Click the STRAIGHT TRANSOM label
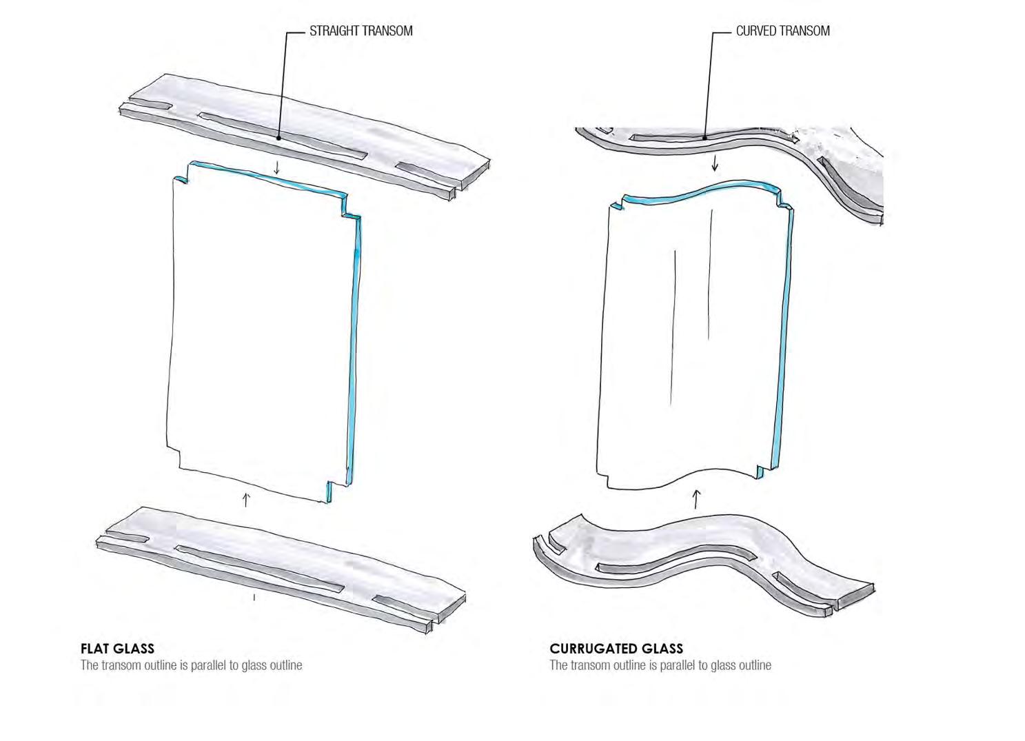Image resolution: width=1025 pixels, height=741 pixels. point(361,31)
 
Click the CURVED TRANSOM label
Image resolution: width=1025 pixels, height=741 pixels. point(782,31)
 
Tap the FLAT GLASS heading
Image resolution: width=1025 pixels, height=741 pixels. point(117,649)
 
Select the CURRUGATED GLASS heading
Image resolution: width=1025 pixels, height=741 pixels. point(616,649)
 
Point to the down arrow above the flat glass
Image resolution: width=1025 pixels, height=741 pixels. point(277,168)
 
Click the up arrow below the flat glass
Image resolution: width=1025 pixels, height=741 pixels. point(246,499)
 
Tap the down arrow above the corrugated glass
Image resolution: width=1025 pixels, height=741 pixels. point(715,163)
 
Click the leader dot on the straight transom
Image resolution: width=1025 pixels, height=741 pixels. point(278,138)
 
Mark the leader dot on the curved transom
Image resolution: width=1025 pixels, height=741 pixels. point(704,137)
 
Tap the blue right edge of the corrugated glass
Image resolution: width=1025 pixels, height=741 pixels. point(783,345)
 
